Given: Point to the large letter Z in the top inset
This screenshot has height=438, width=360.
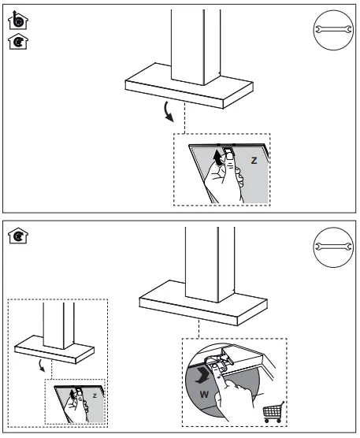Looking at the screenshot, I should point(253,159).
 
